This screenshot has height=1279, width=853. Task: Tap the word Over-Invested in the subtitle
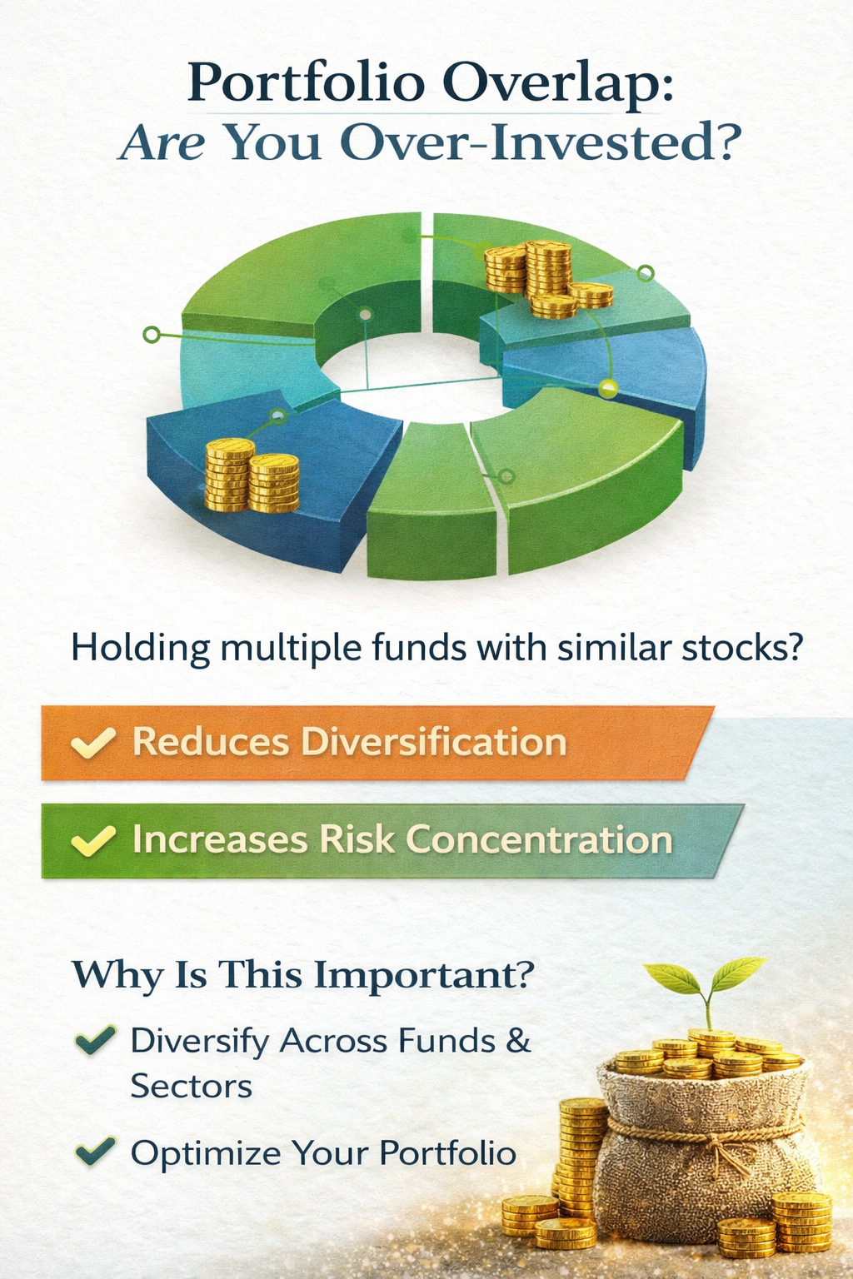(x=536, y=142)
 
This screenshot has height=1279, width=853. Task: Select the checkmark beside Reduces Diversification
(x=93, y=743)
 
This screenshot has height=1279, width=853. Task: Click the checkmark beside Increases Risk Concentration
(x=93, y=841)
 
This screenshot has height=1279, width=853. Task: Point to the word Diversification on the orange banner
(x=434, y=742)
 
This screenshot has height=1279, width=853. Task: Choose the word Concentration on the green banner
(x=539, y=840)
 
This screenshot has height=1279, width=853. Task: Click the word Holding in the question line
(x=140, y=649)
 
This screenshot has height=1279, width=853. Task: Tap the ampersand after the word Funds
(x=518, y=1040)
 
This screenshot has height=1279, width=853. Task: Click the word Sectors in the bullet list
(x=192, y=1086)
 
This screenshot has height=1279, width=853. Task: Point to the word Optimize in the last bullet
(x=206, y=1152)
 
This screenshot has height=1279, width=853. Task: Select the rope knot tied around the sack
(x=721, y=1142)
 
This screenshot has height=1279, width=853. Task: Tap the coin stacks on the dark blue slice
(x=252, y=475)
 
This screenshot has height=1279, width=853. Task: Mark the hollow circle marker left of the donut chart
(x=152, y=335)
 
